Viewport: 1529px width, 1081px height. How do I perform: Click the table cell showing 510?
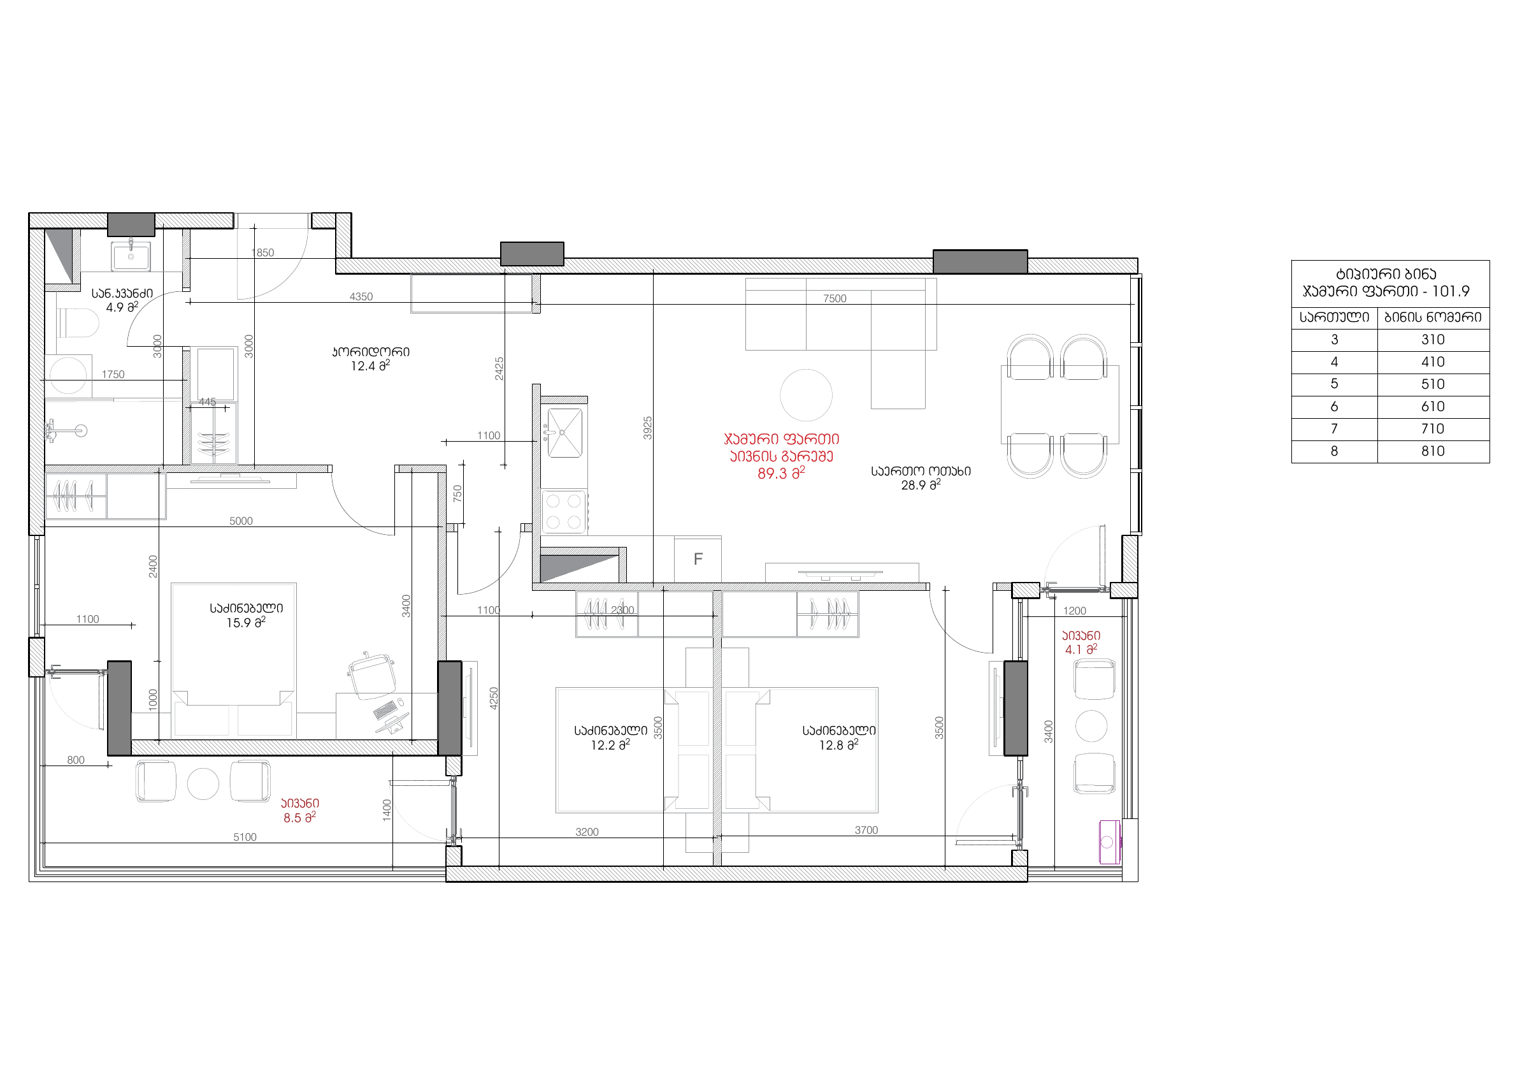tap(1432, 384)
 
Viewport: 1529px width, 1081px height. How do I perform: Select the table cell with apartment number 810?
tap(1432, 451)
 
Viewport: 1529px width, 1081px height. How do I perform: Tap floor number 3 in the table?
tap(1334, 340)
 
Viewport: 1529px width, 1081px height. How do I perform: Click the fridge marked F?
tap(698, 560)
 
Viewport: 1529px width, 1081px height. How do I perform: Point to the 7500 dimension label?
tap(835, 298)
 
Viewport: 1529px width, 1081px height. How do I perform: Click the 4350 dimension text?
tap(361, 296)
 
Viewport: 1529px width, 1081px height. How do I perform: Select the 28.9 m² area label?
tap(921, 485)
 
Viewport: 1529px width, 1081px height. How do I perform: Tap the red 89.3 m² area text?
tap(781, 474)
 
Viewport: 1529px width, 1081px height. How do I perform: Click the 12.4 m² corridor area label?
tap(370, 366)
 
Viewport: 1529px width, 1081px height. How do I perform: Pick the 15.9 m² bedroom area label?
tap(246, 622)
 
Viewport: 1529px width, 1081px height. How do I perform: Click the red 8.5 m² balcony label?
tap(299, 817)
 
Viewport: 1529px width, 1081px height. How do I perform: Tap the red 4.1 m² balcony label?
tap(1081, 649)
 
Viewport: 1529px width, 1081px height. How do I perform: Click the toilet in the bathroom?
tap(78, 323)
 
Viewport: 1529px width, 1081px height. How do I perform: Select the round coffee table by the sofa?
tap(806, 395)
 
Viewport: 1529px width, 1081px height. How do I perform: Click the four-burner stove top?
tap(564, 512)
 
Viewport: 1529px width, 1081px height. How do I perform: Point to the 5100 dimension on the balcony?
tap(245, 838)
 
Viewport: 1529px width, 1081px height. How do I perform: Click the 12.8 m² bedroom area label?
tap(838, 744)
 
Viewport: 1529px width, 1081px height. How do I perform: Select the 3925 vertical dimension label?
tap(647, 428)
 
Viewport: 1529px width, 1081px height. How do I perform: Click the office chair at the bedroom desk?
tap(371, 676)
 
